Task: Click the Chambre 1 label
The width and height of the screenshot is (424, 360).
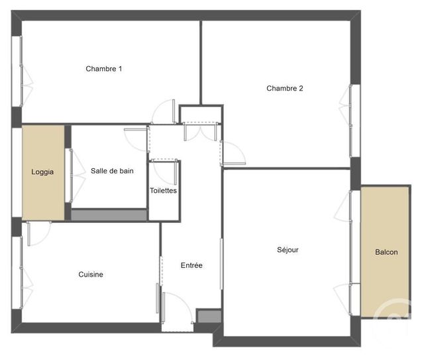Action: (104, 69)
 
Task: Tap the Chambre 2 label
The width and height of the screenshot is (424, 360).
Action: (285, 89)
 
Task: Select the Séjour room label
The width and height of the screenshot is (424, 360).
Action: (288, 249)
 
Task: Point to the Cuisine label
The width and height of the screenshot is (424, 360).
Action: (91, 275)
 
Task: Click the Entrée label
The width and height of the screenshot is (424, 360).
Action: (191, 265)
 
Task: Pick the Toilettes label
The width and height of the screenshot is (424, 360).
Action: (164, 191)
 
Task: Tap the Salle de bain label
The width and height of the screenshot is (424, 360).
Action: (112, 171)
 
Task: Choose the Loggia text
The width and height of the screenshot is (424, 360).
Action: (42, 172)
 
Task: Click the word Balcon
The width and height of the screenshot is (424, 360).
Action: (386, 252)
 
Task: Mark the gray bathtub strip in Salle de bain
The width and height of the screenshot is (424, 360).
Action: (109, 215)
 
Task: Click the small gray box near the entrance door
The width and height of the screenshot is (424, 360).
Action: (207, 316)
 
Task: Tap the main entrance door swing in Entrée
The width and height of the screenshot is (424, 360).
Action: (178, 308)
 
